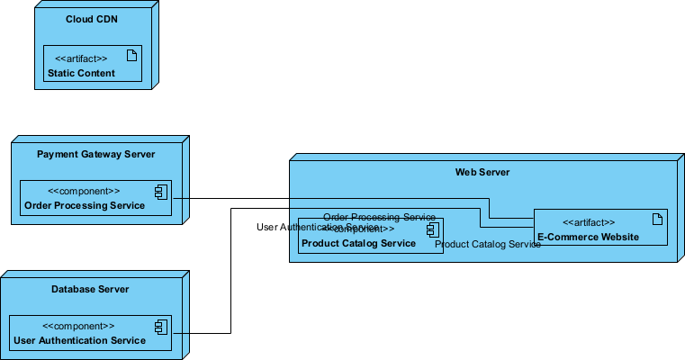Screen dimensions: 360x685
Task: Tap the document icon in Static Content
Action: [131, 57]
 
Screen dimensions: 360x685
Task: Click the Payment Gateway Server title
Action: [96, 154]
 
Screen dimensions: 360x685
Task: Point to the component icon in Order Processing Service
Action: [160, 191]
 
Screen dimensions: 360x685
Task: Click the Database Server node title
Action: [90, 289]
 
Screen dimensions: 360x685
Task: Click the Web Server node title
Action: [482, 172]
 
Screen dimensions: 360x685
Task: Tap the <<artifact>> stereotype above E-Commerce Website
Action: [589, 222]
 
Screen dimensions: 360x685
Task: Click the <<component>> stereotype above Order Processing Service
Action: [83, 191]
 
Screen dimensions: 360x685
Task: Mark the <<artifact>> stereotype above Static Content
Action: [81, 58]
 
